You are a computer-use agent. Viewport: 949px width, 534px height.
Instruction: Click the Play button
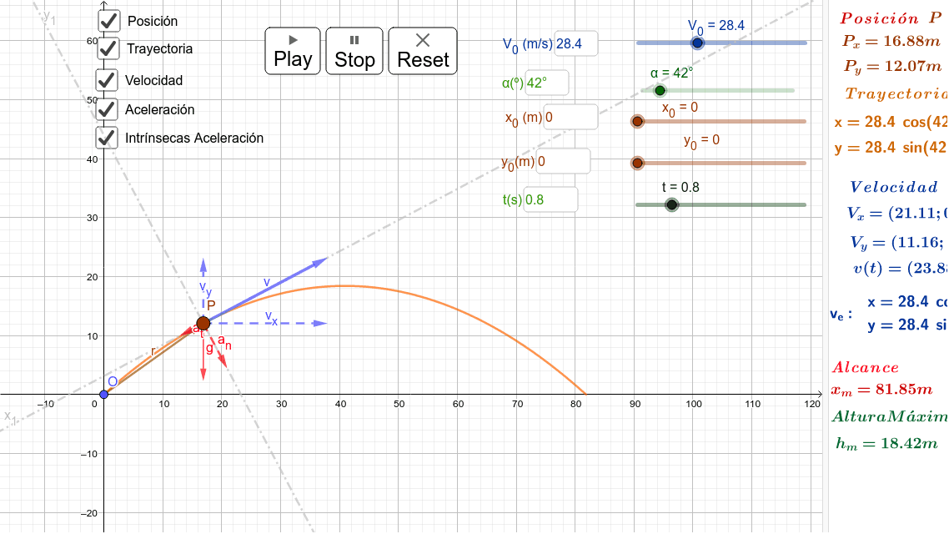293,51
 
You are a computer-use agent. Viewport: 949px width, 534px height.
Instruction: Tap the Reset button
423,51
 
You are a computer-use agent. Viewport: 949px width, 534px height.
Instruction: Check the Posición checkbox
108,21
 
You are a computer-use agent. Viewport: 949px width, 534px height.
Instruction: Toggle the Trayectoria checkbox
108,48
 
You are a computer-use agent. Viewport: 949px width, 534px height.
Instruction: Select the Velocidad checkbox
107,80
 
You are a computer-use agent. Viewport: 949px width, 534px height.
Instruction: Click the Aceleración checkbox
107,109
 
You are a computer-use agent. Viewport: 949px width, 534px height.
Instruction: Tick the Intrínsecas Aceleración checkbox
107,138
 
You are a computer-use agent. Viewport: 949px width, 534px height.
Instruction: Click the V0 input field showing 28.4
575,44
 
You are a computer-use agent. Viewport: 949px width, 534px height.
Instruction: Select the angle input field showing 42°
546,83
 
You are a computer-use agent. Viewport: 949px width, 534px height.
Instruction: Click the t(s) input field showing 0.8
550,200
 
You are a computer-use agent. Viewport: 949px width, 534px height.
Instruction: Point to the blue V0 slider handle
698,43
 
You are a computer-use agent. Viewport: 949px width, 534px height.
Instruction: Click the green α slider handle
660,90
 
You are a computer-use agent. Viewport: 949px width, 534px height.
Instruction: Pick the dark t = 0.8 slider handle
671,204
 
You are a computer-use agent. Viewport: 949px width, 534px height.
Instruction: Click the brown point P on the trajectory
203,323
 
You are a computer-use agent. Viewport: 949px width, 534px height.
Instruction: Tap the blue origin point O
103,394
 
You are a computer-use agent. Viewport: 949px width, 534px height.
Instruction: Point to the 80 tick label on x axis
575,405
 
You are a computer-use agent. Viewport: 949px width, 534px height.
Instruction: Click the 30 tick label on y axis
92,218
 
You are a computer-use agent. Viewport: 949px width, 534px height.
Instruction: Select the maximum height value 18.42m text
886,443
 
